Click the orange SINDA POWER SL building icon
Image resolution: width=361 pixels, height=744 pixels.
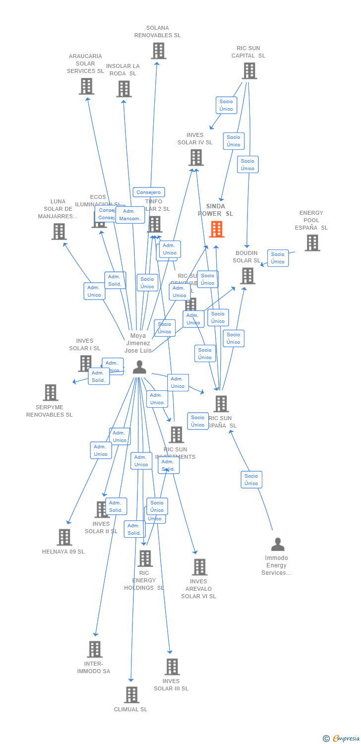click(216, 229)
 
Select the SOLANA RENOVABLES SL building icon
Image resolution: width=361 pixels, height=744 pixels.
click(158, 51)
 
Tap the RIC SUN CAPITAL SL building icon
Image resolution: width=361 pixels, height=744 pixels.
click(249, 70)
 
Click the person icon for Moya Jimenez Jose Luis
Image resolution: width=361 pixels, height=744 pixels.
click(139, 367)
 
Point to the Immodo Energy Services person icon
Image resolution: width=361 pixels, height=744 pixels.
click(278, 544)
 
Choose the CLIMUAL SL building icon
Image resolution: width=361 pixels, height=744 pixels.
click(131, 694)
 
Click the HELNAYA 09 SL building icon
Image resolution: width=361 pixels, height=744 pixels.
click(64, 537)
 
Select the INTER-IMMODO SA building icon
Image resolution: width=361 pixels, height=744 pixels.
click(94, 649)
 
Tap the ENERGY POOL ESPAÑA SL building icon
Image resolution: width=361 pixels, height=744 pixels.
click(312, 243)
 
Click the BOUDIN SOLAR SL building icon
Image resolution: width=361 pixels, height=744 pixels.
click(247, 276)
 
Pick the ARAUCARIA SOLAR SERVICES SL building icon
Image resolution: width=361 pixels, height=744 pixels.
click(86, 86)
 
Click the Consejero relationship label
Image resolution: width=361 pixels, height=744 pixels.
click(149, 192)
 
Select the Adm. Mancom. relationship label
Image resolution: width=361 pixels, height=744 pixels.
click(130, 215)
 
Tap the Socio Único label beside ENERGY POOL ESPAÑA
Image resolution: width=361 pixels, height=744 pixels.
click(278, 258)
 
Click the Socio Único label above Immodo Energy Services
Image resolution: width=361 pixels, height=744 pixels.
click(251, 480)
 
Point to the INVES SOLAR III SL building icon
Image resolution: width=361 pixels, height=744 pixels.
click(172, 667)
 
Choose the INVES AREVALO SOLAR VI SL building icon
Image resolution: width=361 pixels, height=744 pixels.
click(199, 567)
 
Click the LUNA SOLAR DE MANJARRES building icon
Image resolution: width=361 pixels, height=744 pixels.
click(59, 231)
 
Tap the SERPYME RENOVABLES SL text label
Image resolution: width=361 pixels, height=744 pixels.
click(50, 411)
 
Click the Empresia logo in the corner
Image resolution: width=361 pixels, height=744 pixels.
click(341, 739)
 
